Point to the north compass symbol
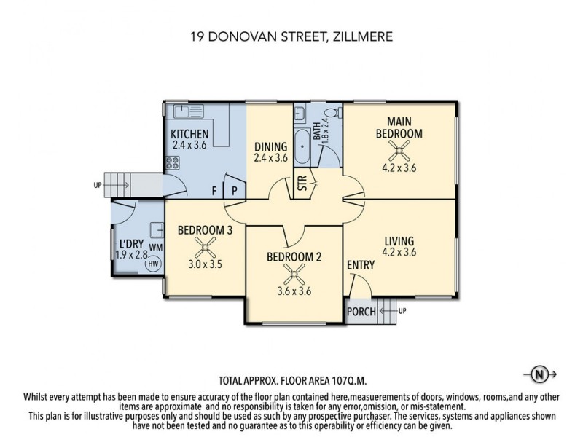(539, 375)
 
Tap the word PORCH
(361, 312)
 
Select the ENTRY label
(361, 265)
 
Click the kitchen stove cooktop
(173, 163)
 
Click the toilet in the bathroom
(332, 113)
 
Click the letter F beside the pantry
(214, 192)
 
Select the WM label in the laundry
(154, 248)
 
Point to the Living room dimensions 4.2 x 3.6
(399, 253)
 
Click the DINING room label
(270, 146)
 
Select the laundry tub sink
(156, 230)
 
